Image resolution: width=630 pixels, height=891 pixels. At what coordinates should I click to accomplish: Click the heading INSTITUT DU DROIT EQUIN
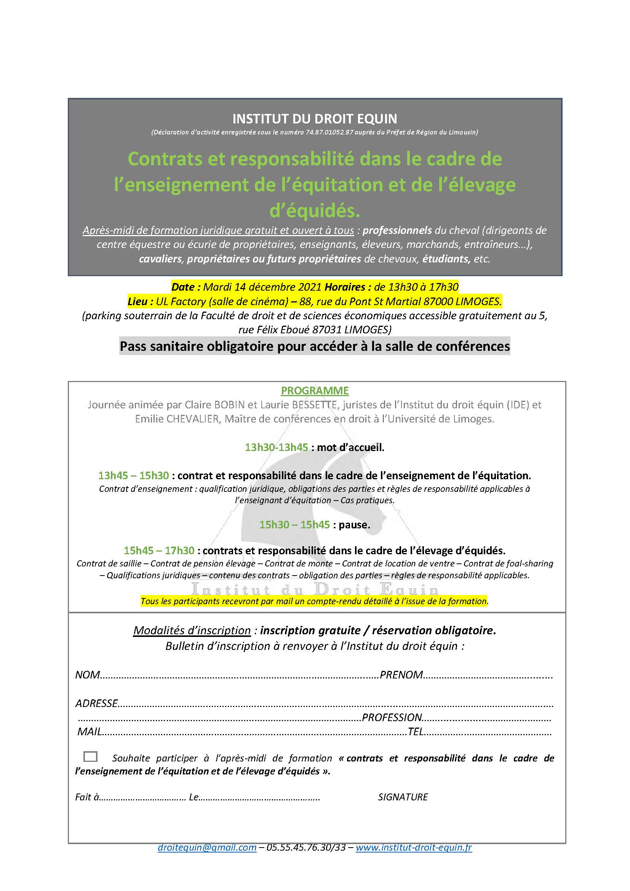pos(315,118)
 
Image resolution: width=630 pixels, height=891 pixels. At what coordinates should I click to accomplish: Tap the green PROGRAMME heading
pos(315,390)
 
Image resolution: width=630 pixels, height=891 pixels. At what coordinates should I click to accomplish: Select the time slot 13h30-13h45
pos(276,448)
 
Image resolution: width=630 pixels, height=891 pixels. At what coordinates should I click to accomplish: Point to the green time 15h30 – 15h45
pos(294,525)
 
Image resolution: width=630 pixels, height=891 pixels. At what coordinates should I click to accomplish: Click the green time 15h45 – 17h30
pos(159,550)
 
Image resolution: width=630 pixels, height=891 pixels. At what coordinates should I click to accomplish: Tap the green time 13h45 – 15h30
pos(133,475)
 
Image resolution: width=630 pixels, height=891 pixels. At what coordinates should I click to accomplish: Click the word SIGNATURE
pos(403,797)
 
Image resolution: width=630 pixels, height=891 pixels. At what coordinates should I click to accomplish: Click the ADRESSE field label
pos(97,703)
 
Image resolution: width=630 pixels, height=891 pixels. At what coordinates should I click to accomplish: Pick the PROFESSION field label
pos(392,717)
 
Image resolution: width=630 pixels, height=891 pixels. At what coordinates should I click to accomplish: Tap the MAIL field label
pos(89,731)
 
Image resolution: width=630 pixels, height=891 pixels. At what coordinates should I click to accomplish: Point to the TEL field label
pos(416,731)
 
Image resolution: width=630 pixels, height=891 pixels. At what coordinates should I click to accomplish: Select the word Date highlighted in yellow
pos(183,287)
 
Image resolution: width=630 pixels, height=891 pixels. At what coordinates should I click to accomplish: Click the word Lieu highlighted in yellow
pos(138,301)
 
